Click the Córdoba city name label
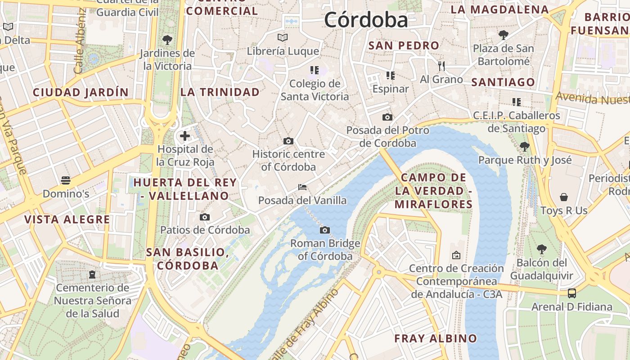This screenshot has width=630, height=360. [x=366, y=20]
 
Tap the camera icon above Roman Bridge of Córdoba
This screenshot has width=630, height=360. [x=324, y=230]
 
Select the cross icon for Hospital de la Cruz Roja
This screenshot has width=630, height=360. [x=184, y=135]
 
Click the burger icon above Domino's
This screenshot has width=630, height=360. [x=66, y=181]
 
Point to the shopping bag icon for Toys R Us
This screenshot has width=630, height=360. [x=563, y=197]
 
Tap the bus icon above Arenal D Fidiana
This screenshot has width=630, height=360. [x=571, y=293]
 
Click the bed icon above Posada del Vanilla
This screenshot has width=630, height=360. [x=302, y=187]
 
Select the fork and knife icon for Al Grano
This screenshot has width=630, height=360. [x=441, y=66]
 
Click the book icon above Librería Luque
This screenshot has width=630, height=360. [x=283, y=37]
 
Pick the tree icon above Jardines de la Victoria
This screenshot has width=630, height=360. [x=167, y=40]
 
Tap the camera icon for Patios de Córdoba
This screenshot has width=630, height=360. [x=205, y=217]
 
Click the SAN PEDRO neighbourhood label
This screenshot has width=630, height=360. [x=404, y=45]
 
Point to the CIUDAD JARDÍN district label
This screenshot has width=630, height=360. [x=81, y=93]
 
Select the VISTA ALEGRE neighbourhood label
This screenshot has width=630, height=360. [x=67, y=220]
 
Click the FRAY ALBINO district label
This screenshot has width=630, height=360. [x=435, y=338]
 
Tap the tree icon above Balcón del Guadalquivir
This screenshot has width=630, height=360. [x=542, y=249]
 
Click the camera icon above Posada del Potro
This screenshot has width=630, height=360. [x=387, y=117]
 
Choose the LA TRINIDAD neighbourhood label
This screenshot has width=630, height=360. [x=220, y=92]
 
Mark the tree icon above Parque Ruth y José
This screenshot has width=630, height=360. [x=524, y=146]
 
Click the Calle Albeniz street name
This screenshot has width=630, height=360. [x=80, y=40]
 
